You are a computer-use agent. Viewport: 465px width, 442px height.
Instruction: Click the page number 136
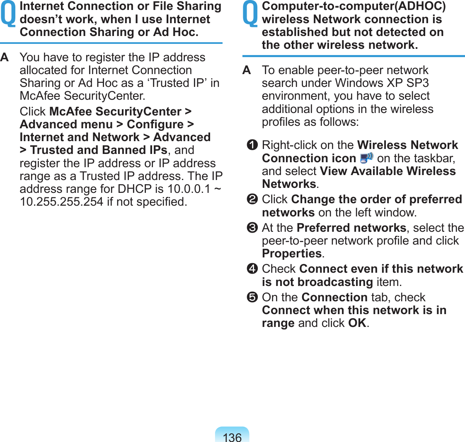point(232,437)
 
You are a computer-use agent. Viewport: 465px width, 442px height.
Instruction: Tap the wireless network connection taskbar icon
point(366,158)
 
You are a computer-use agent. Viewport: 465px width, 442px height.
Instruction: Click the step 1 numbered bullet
point(253,145)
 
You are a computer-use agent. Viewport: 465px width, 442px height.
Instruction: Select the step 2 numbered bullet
point(253,199)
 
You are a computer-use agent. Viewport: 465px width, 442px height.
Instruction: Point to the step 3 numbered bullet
point(253,228)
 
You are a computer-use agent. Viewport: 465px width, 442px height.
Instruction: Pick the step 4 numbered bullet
point(253,269)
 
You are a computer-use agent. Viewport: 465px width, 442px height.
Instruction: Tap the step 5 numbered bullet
point(253,298)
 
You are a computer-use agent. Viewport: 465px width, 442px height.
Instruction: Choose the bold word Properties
point(292,254)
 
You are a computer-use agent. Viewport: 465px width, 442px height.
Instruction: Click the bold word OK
point(357,323)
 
